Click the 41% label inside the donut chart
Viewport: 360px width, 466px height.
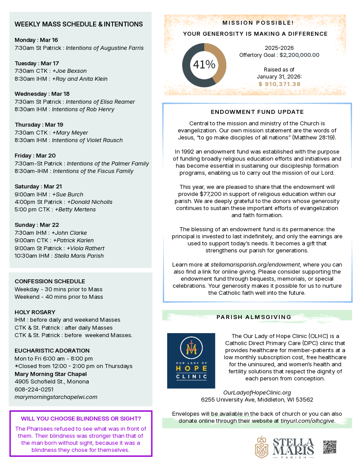coord(204,65)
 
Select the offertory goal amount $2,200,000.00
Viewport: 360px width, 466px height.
coord(300,55)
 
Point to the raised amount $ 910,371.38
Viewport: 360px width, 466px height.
coord(279,84)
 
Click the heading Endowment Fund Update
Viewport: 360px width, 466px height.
coord(257,112)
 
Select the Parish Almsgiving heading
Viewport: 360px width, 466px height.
coord(254,317)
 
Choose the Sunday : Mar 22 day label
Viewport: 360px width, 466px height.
coord(37,225)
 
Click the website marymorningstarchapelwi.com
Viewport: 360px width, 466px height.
coord(56,397)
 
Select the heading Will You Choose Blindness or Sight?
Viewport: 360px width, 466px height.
coord(81,418)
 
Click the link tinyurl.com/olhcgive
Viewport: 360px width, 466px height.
coord(308,421)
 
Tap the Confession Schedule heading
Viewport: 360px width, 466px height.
coord(50,281)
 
